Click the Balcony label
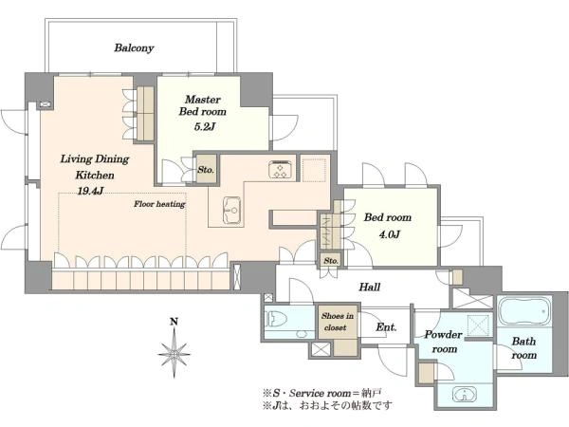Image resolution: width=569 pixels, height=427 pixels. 134,48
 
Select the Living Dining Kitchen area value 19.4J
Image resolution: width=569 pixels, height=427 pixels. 90,191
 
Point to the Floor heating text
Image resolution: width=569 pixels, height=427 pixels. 159,204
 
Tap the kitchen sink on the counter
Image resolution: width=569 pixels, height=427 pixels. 231,210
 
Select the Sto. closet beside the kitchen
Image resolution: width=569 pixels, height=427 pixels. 206,170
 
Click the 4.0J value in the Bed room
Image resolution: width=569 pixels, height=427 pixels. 390,234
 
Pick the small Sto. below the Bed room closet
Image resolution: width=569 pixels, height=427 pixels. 331,261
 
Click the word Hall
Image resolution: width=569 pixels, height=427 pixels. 370,288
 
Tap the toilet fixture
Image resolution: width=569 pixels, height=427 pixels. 276,321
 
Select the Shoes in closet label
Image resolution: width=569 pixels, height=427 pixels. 337,322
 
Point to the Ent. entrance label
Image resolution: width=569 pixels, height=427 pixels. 386,327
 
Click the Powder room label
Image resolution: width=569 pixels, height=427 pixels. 444,342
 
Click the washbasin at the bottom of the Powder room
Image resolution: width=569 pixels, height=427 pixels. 465,395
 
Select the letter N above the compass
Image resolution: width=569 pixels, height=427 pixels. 174,322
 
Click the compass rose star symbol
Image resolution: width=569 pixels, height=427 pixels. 174,353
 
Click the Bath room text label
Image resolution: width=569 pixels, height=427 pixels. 523,348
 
